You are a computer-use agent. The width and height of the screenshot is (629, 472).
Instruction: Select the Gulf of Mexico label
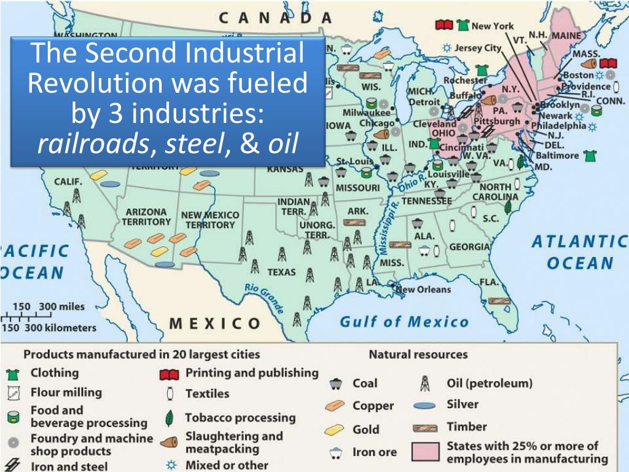pyautogui.click(x=404, y=321)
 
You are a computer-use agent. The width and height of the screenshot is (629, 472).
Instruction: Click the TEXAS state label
pyautogui.click(x=281, y=272)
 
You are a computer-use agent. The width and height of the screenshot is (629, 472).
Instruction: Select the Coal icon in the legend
pyautogui.click(x=335, y=383)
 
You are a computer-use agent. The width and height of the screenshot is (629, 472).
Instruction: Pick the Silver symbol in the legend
pyautogui.click(x=424, y=406)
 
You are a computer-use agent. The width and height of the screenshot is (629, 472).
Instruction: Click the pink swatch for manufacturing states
pyautogui.click(x=424, y=452)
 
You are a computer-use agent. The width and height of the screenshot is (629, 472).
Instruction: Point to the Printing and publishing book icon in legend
pyautogui.click(x=170, y=374)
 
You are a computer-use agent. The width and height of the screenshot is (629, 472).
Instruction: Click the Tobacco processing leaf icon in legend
pyautogui.click(x=169, y=419)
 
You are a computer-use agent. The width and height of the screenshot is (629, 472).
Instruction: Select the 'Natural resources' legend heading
pyautogui.click(x=418, y=355)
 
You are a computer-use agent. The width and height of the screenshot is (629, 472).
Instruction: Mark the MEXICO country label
pyautogui.click(x=214, y=323)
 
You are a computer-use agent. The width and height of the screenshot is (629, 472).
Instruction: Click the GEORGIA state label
pyautogui.click(x=469, y=247)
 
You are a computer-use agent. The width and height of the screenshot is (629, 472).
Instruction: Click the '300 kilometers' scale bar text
pyautogui.click(x=60, y=328)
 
